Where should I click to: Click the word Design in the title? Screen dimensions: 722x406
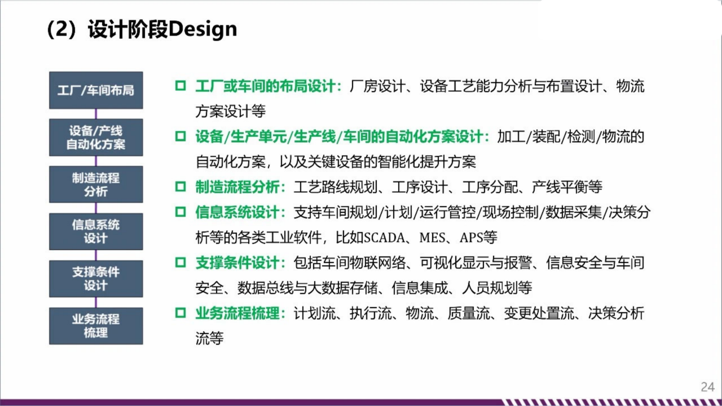click(x=202, y=30)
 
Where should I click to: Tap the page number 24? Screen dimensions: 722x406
click(x=707, y=387)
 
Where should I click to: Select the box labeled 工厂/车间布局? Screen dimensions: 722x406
click(x=96, y=90)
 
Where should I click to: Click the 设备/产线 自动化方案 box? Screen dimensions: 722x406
click(x=96, y=137)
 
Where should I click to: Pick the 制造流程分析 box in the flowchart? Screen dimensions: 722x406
click(x=96, y=184)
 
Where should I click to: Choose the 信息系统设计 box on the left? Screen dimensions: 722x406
click(x=96, y=231)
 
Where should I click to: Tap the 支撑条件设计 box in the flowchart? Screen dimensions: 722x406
click(x=96, y=279)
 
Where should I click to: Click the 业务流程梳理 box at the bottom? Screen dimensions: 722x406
click(x=96, y=326)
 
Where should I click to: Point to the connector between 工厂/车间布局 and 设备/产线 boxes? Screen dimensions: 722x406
click(x=96, y=114)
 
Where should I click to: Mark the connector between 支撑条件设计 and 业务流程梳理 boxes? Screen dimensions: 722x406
click(x=96, y=302)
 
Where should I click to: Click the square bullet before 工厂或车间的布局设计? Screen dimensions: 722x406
click(x=180, y=86)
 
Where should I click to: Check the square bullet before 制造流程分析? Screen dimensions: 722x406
click(x=180, y=187)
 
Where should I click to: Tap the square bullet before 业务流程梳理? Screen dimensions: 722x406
click(x=180, y=312)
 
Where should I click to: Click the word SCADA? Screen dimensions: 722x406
click(x=384, y=238)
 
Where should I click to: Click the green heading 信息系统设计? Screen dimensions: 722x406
click(x=237, y=212)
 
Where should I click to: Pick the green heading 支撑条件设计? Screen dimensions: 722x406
click(x=237, y=263)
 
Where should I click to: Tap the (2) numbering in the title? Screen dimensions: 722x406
click(x=62, y=30)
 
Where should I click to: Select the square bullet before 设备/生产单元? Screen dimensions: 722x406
click(x=180, y=136)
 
